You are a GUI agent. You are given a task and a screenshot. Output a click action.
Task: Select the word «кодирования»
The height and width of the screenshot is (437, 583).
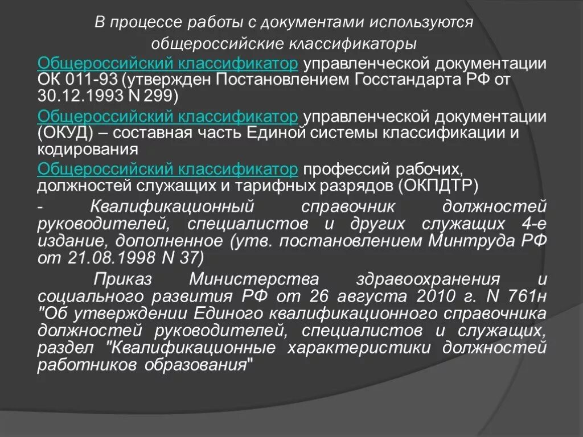tap(88, 149)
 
